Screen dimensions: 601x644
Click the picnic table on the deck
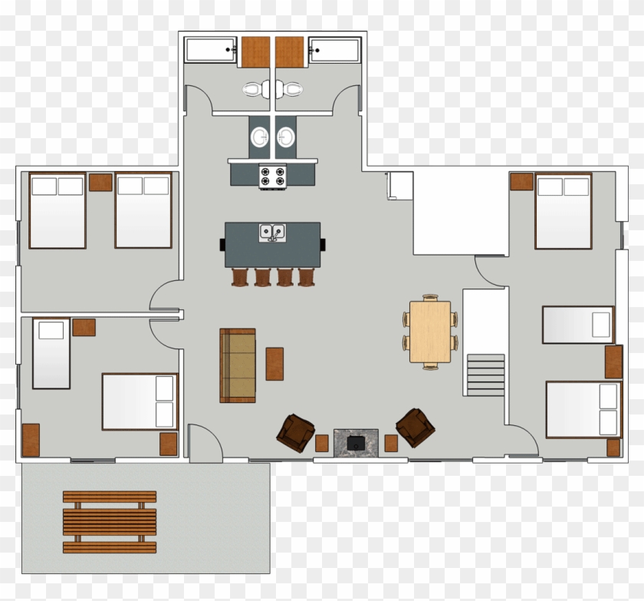pos(109,522)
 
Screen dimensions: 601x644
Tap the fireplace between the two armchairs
pos(356,443)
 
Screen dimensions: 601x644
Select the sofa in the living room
pos(238,365)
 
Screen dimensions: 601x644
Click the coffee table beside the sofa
pos(274,364)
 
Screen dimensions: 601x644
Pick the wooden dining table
pos(429,332)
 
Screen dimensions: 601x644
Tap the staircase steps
pos(485,375)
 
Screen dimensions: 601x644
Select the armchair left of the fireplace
pos(295,432)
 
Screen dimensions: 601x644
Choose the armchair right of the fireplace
pos(415,427)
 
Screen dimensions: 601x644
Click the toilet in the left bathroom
pos(251,89)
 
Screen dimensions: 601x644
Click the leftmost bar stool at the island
pos(241,276)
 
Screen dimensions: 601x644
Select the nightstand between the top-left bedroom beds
pos(100,182)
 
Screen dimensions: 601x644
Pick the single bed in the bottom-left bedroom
pos(51,354)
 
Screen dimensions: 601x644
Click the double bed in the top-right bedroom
pos(563,211)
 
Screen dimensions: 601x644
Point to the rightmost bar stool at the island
pos(306,276)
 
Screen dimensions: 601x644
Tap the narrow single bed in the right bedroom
pos(578,325)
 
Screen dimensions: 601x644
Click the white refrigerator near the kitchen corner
pos(400,186)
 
